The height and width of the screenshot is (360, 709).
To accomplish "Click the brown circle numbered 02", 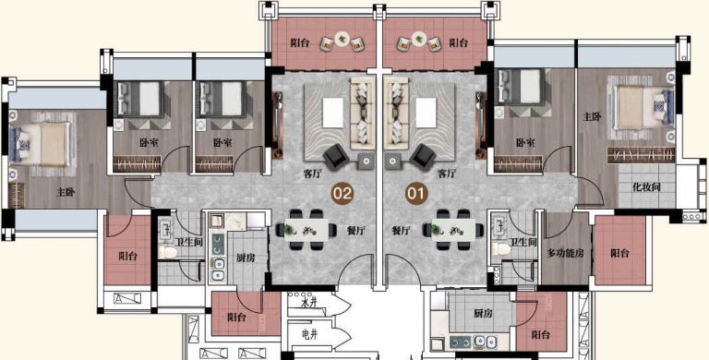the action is [x=342, y=194].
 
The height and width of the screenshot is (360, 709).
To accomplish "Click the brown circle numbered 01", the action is [x=416, y=194].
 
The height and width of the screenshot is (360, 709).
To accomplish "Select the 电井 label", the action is [x=310, y=335].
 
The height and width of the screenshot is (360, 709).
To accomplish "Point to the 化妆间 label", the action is [x=646, y=186].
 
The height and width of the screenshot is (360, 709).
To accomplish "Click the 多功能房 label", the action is [x=565, y=253].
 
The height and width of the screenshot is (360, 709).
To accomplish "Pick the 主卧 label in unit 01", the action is [x=592, y=116].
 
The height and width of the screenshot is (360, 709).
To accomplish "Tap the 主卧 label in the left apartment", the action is [x=66, y=192].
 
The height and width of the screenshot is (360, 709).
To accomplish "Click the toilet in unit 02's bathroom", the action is [x=167, y=251].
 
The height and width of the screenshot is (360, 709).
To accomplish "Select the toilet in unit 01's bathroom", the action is [x=500, y=248].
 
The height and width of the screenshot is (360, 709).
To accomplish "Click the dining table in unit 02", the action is [x=306, y=229].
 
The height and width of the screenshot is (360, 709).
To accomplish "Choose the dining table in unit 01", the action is [x=453, y=229].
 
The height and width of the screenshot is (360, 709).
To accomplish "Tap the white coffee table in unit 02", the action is [x=333, y=113].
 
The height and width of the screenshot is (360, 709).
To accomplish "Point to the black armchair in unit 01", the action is [x=423, y=157].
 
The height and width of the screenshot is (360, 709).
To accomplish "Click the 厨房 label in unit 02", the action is [x=246, y=258].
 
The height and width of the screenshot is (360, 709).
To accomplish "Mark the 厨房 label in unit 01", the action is [x=483, y=313].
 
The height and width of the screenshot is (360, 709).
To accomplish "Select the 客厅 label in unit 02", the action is [x=312, y=174].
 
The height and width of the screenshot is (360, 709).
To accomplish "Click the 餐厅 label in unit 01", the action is [x=401, y=231].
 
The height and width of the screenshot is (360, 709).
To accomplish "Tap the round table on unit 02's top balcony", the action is [x=342, y=39].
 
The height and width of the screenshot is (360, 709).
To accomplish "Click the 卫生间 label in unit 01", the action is [x=523, y=243].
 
